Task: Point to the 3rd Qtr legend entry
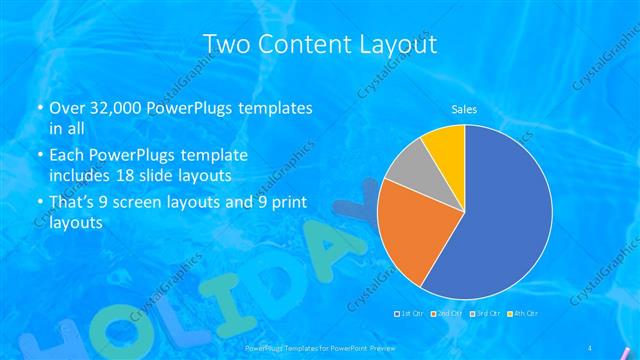[x=487, y=314]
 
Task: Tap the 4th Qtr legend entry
[x=525, y=314]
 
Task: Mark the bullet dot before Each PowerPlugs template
[x=40, y=157]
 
